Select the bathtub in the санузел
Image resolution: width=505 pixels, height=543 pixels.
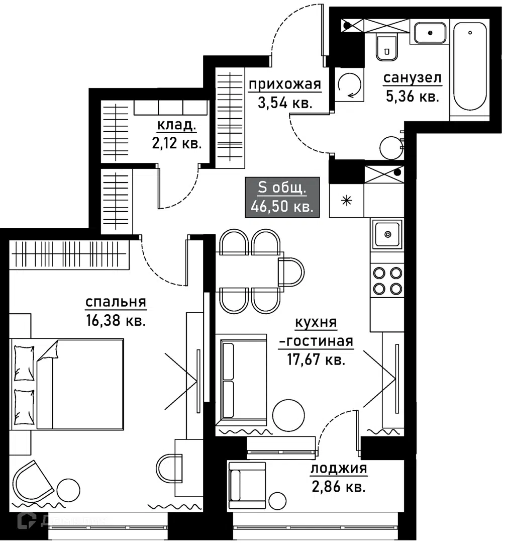469,66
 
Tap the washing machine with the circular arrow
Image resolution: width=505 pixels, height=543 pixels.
349,84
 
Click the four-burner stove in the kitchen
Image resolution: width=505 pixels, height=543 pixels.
387,281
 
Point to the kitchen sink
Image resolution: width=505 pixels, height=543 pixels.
387,234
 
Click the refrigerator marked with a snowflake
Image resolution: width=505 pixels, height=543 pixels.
347,201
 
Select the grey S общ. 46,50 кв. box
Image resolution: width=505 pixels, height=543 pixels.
282,198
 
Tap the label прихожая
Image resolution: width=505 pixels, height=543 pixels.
285,84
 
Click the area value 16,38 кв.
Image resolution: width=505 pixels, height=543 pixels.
116,321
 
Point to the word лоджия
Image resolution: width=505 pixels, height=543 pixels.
339,469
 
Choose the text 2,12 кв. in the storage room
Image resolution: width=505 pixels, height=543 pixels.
176,143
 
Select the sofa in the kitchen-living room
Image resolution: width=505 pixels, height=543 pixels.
241,380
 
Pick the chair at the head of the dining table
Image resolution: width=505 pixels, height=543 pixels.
291,272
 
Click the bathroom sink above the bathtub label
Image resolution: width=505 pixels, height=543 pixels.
430,33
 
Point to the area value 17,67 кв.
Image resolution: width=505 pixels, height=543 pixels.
316,360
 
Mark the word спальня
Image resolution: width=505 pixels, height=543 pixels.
116,302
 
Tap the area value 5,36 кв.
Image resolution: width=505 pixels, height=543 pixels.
412,97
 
